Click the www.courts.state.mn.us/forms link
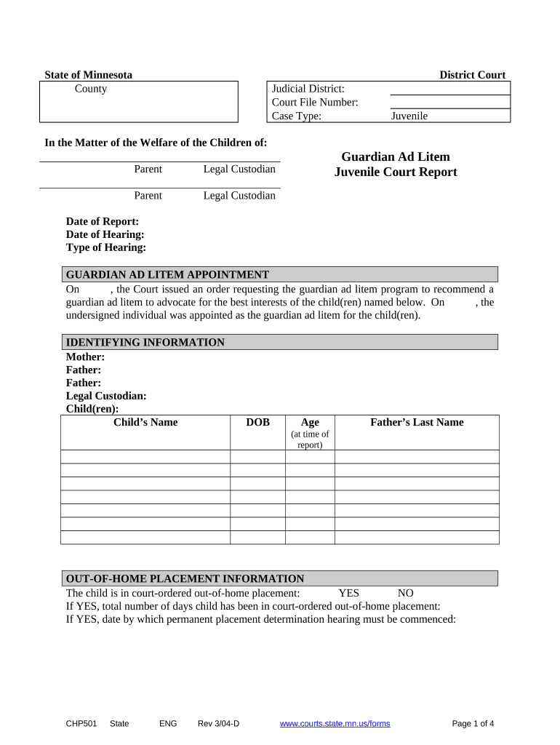(335, 723)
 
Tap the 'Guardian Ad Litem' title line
(396, 157)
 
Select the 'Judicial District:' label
(303, 89)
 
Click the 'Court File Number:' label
(315, 103)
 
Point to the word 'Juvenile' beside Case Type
(409, 116)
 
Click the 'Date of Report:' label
(103, 221)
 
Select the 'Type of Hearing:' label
(106, 247)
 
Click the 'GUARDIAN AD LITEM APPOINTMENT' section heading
(167, 274)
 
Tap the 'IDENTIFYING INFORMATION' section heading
(145, 342)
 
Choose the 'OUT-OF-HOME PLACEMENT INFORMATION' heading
(185, 578)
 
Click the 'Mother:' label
(86, 356)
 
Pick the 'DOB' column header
(257, 422)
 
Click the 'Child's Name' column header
(145, 422)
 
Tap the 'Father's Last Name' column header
(417, 422)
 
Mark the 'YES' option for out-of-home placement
(348, 593)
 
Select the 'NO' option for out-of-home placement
(405, 593)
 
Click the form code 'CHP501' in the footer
(81, 723)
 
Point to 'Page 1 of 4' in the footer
(473, 723)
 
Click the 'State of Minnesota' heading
(89, 75)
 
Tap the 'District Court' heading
(472, 75)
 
